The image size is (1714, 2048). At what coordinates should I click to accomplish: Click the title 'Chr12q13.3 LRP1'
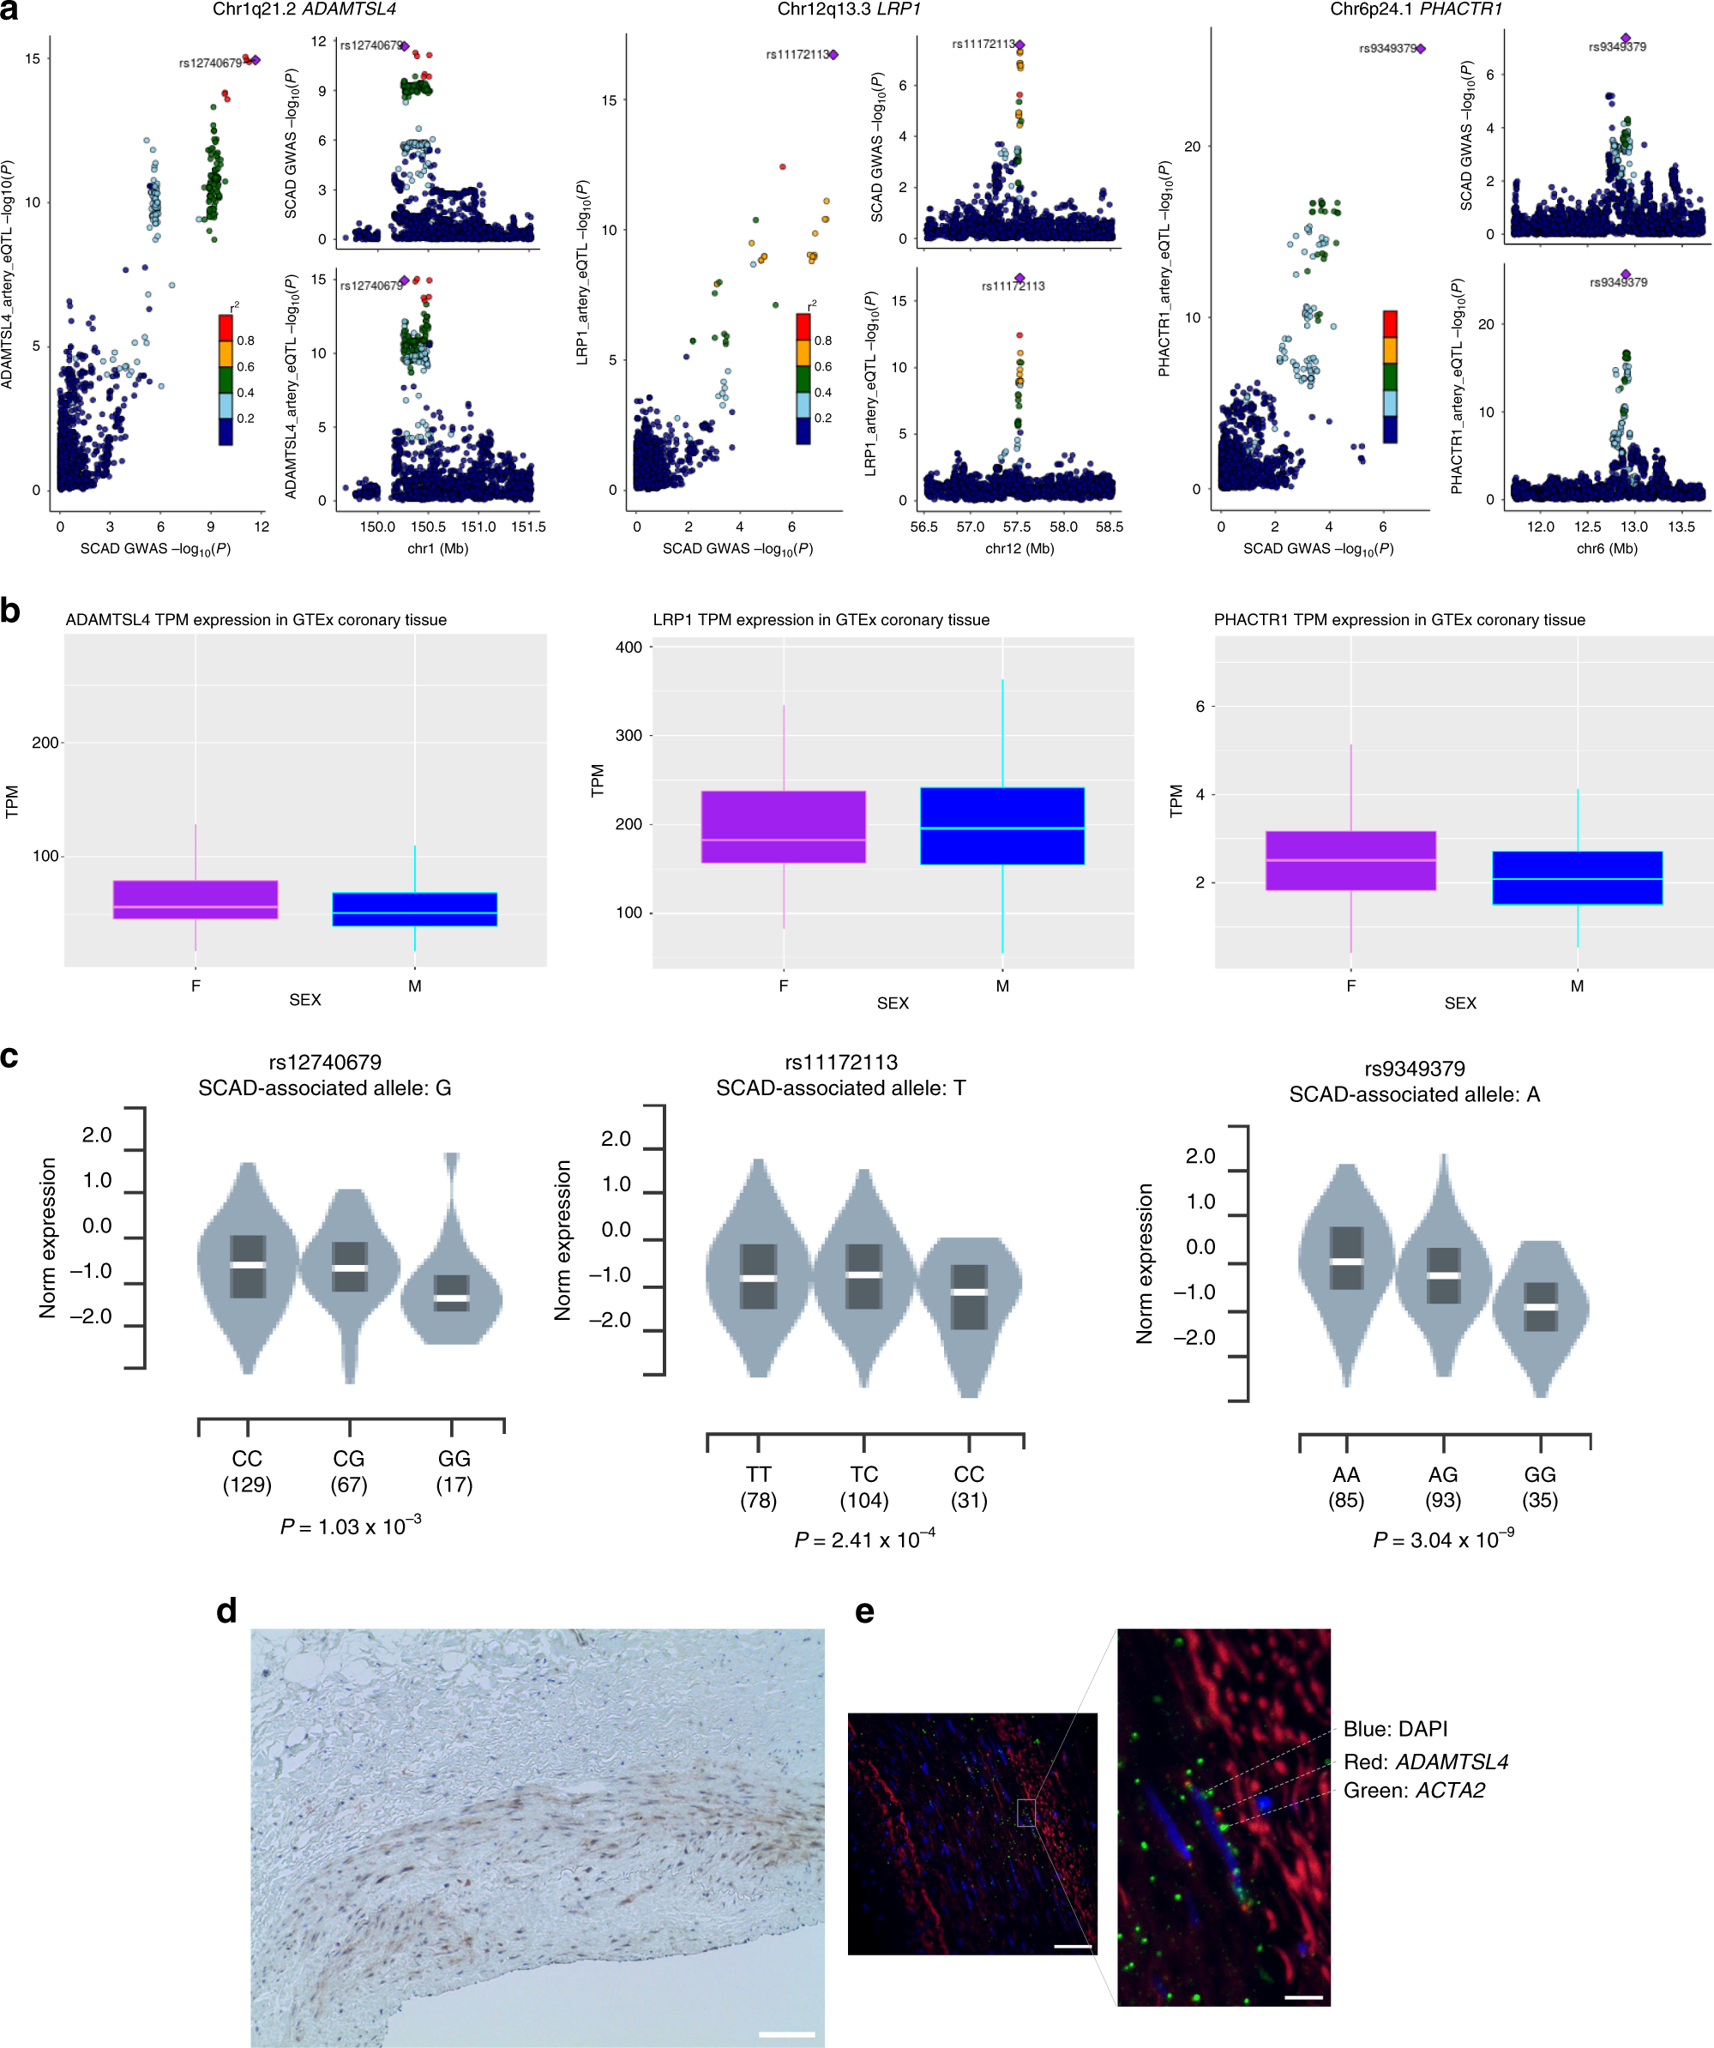click(x=848, y=9)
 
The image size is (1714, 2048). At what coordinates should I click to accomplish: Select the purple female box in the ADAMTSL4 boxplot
click(x=195, y=899)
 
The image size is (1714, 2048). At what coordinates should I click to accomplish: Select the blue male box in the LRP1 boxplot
click(x=1001, y=825)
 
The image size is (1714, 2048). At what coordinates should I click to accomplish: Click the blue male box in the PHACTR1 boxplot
click(x=1577, y=877)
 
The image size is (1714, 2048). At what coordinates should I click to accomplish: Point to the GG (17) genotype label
click(x=454, y=1471)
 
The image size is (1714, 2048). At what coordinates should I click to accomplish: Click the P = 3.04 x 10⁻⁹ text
click(x=1443, y=1540)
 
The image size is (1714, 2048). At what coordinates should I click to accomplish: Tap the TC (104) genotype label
click(x=863, y=1486)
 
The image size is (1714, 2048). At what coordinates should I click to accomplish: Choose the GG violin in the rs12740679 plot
click(x=451, y=1287)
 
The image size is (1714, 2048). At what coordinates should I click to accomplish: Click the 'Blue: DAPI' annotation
click(x=1395, y=1728)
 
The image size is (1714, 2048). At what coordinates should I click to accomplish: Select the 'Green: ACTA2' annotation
click(x=1414, y=1790)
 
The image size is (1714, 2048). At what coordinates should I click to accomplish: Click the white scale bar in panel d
click(x=785, y=2033)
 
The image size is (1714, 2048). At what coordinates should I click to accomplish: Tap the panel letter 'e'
click(x=863, y=1611)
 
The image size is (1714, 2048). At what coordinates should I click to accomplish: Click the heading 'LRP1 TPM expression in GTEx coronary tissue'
click(x=821, y=620)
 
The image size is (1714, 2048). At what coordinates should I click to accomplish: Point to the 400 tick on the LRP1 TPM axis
click(x=628, y=648)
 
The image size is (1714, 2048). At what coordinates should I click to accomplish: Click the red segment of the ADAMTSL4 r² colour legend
click(x=226, y=327)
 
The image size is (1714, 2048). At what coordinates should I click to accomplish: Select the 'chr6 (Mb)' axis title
click(x=1607, y=548)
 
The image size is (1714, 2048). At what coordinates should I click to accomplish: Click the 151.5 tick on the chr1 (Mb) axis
click(x=528, y=527)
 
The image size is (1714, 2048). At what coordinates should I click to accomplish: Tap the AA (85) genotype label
click(x=1345, y=1486)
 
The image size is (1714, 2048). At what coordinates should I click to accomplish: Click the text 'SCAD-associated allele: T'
click(x=840, y=1087)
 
